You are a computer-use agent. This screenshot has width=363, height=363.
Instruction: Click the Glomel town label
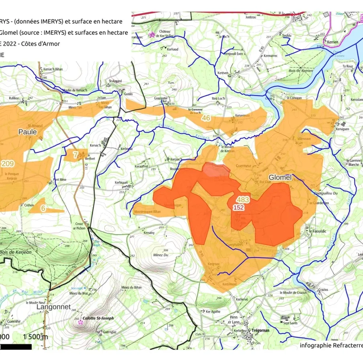pos(280,178)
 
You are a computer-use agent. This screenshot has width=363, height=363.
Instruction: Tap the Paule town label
pos(28,132)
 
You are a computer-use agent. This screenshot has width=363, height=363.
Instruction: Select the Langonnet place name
pos(53,307)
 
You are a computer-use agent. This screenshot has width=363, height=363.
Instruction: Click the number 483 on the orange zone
pos(242,200)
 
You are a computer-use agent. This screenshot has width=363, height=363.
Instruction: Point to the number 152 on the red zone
pos(238,207)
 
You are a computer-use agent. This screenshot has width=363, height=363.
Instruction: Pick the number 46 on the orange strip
pos(206,118)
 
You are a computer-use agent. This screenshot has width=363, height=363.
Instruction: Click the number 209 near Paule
pos(8,164)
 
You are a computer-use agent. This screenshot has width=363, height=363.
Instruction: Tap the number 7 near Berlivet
pos(76,155)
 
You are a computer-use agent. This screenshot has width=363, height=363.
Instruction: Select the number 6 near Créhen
pos(43,208)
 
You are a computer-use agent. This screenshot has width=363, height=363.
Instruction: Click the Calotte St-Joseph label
pos(98,318)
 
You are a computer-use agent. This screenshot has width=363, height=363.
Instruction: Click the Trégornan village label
pos(260,330)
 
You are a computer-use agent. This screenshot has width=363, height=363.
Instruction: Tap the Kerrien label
pos(333,42)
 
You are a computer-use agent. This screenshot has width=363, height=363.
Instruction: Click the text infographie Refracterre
pos(331,345)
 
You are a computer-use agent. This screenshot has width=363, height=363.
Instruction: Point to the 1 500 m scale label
pos(35,337)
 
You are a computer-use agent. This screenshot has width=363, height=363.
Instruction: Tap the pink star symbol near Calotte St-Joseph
pos(80,322)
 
